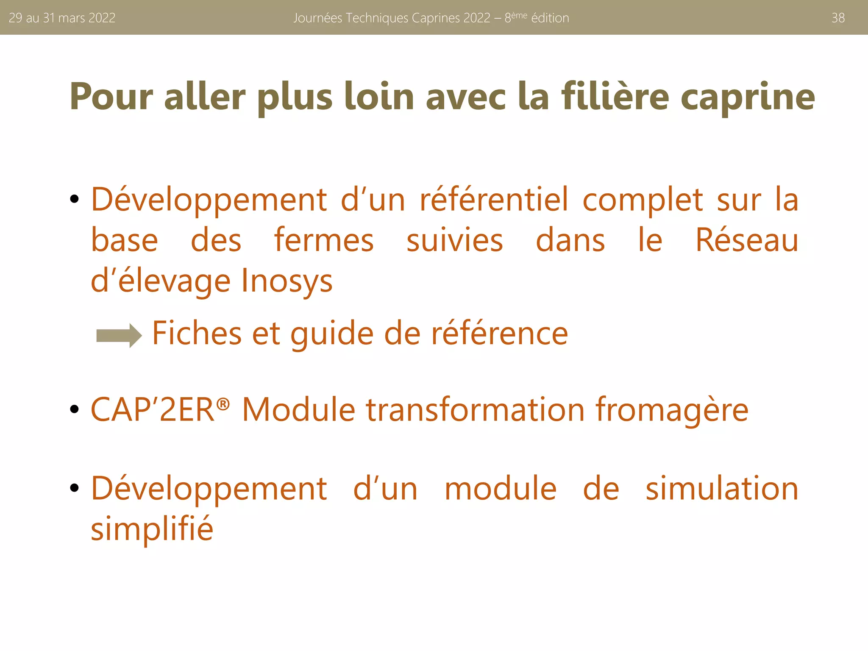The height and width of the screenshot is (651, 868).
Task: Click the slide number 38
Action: tap(838, 18)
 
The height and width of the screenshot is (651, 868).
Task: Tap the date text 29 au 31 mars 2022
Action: tap(62, 18)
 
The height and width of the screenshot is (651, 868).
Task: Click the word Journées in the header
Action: tap(317, 18)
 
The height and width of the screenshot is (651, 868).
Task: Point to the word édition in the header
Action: tap(550, 18)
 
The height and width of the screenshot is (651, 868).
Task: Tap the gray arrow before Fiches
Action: tap(119, 335)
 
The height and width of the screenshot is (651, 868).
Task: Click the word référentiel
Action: tap(494, 199)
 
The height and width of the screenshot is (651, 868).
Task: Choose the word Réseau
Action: tap(747, 240)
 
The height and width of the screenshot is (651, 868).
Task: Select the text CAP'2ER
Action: tap(153, 410)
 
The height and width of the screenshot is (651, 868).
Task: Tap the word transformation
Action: tap(475, 410)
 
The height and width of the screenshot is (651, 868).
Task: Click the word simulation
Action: tap(722, 488)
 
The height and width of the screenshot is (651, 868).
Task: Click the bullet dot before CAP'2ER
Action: tap(75, 409)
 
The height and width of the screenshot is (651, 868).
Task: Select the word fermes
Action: tap(324, 240)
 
